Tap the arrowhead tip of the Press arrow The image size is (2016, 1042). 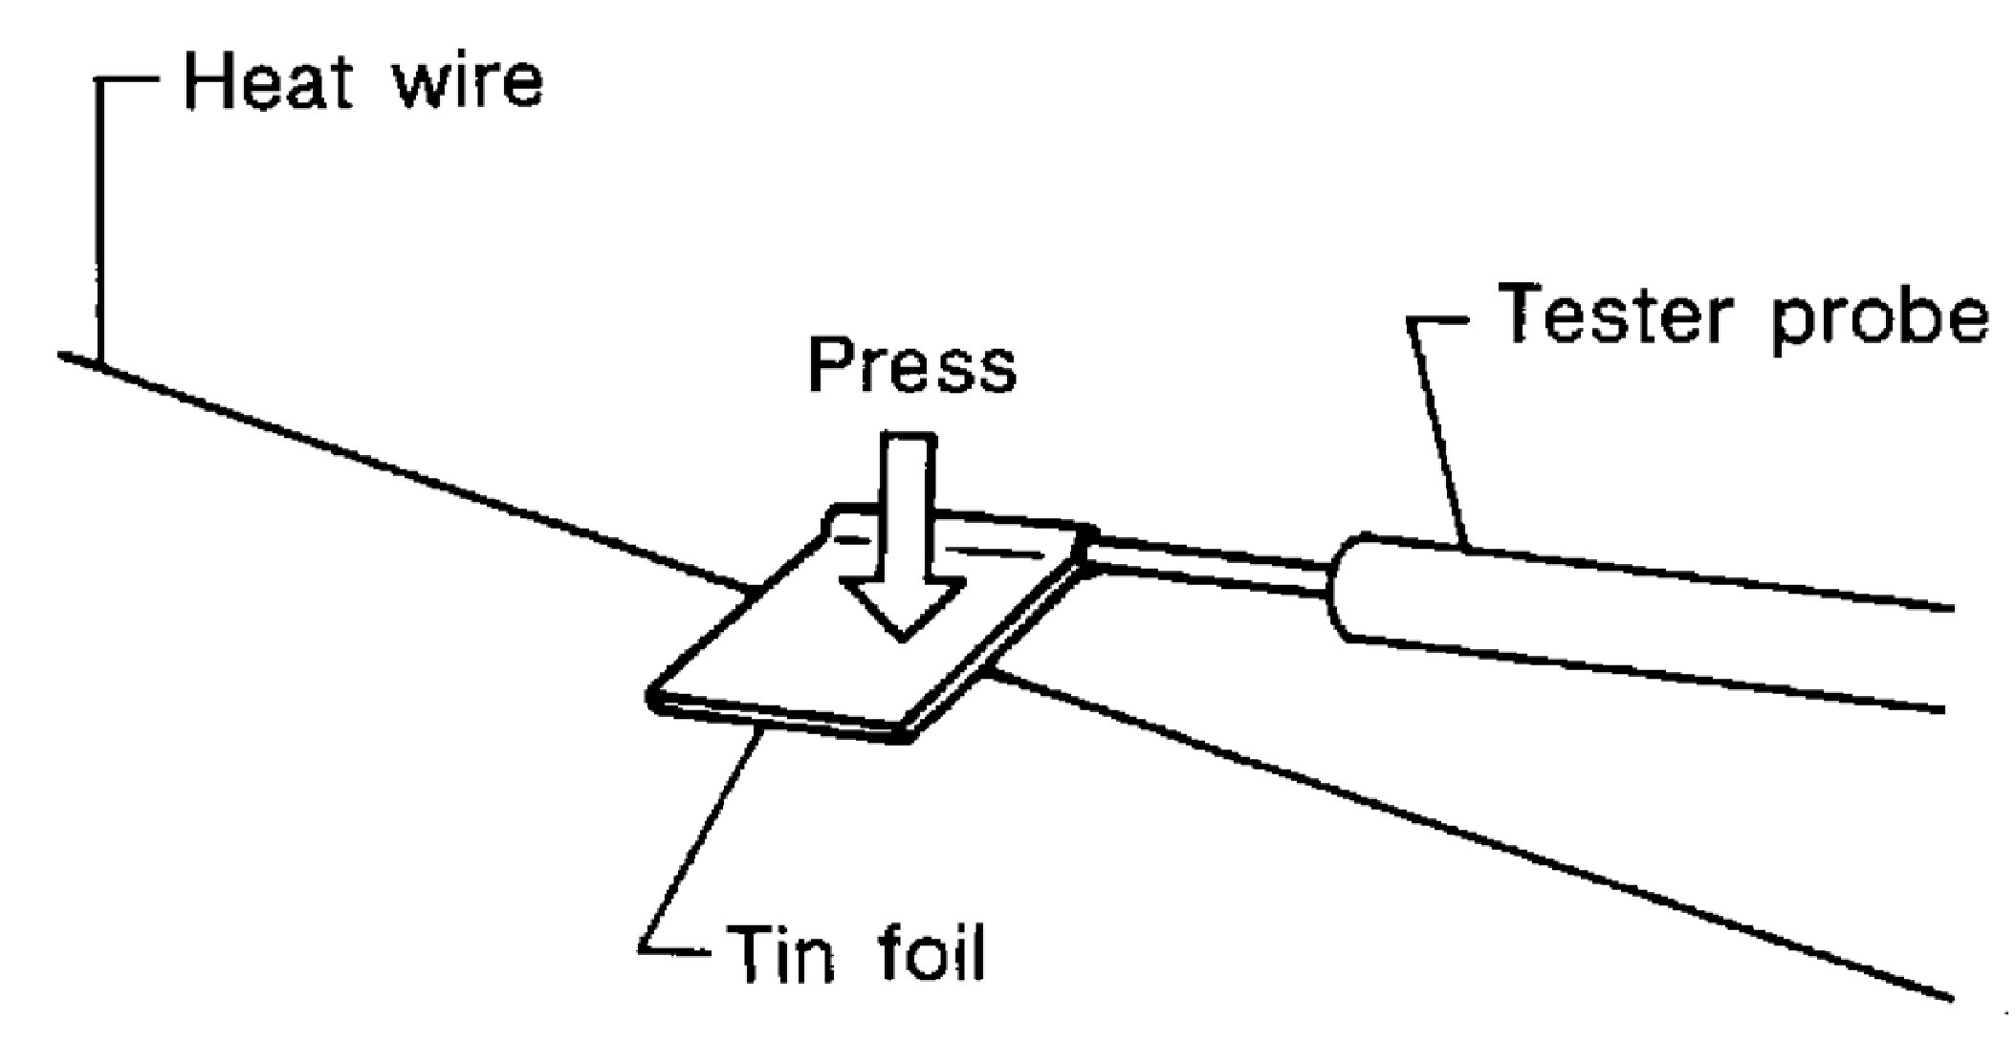pos(901,635)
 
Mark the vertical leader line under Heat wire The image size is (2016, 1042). pos(98,220)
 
